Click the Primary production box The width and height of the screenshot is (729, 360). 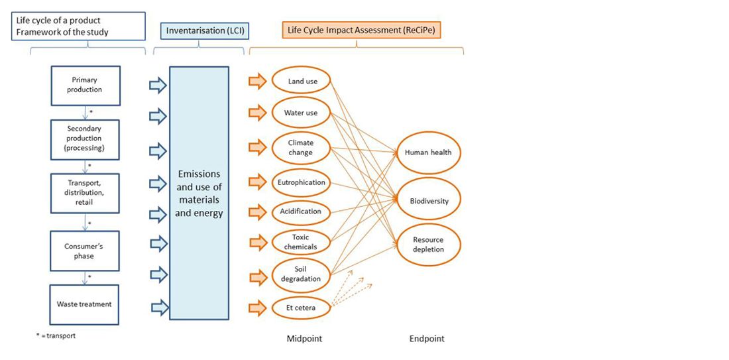85,85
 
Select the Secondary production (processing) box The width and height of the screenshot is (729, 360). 85,139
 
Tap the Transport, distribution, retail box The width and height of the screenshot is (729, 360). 85,192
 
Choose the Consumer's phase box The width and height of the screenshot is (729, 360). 85,251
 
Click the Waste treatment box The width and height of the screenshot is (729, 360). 85,304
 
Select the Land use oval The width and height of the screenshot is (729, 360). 302,82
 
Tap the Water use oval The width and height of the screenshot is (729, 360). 301,113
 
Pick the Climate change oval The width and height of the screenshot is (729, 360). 301,148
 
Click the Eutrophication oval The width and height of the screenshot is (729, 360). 301,182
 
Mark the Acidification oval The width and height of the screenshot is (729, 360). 301,211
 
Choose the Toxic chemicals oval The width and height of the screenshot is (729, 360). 301,242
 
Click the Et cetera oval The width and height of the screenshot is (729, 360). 301,308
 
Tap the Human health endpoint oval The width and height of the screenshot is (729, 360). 428,152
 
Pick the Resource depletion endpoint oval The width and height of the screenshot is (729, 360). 428,245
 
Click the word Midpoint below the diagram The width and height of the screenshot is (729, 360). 304,339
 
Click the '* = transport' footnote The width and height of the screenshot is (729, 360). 56,335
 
